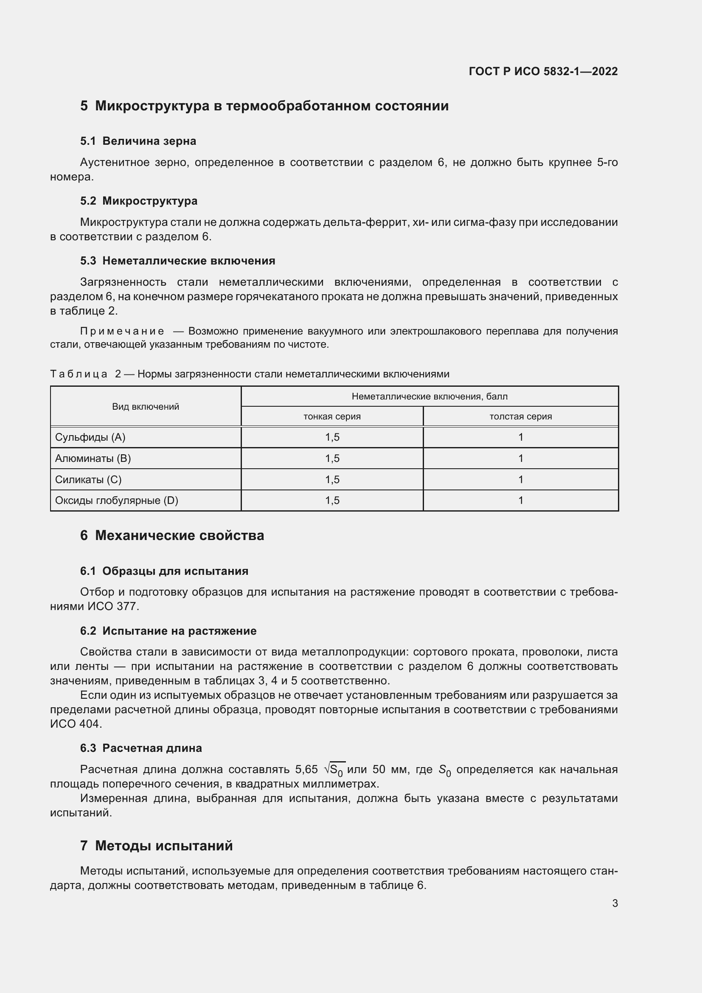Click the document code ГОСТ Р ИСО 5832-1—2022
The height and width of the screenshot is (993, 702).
(x=543, y=71)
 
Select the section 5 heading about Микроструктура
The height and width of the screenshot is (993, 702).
(x=264, y=106)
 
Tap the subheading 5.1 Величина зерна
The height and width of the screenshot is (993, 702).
(x=138, y=141)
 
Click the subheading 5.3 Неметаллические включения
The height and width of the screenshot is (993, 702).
(x=177, y=261)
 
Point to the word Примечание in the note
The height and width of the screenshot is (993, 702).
(x=122, y=331)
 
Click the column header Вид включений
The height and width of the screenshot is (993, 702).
(x=146, y=407)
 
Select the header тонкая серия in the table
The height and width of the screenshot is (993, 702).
(x=332, y=416)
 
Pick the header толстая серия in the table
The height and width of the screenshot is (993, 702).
(x=520, y=416)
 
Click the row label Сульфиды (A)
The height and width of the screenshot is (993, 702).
(x=90, y=437)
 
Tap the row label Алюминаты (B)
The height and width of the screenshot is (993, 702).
(x=93, y=459)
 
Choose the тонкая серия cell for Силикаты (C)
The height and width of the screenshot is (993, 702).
(x=332, y=480)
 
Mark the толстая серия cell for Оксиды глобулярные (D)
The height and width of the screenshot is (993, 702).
(x=520, y=501)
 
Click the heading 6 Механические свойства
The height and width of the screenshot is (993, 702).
(x=171, y=535)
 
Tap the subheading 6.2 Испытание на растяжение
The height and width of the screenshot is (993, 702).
(x=168, y=631)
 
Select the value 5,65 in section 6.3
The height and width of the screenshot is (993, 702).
(x=306, y=770)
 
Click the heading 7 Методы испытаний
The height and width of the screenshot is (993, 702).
(x=156, y=846)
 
